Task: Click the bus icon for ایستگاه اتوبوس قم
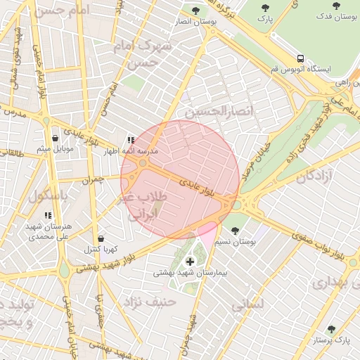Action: (x=300, y=58)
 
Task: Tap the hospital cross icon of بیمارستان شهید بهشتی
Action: (x=190, y=262)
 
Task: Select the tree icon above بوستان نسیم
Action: (x=234, y=231)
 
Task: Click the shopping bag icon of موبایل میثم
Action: (x=55, y=138)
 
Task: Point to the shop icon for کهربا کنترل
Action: (x=101, y=239)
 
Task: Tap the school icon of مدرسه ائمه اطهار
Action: (x=130, y=141)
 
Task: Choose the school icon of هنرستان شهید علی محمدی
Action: (x=48, y=216)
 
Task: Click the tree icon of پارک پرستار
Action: (x=331, y=329)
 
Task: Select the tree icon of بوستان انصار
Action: (x=195, y=11)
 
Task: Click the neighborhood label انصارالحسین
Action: (x=218, y=111)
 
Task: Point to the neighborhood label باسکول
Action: (x=47, y=196)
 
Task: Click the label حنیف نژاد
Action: (x=149, y=301)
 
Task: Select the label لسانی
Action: (x=246, y=304)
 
